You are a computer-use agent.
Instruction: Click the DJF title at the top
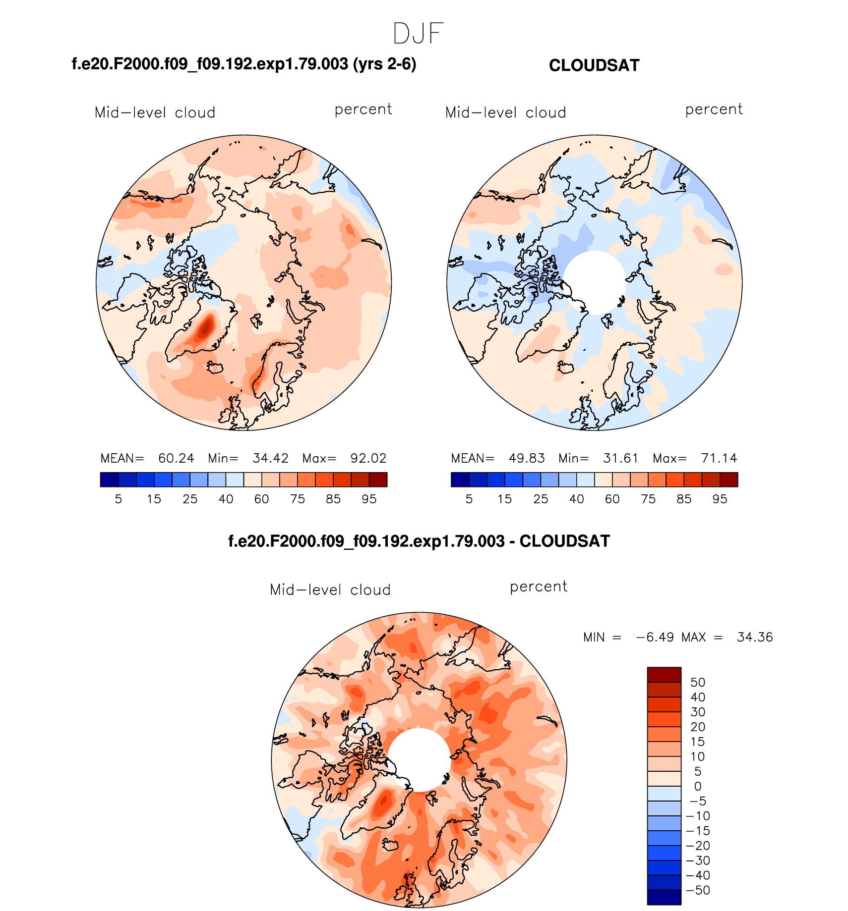click(x=418, y=34)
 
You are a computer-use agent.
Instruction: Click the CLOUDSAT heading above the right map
click(x=594, y=65)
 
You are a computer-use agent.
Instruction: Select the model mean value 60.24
click(x=176, y=458)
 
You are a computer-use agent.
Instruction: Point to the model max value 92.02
click(x=368, y=458)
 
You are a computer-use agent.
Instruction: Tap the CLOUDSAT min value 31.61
click(x=620, y=458)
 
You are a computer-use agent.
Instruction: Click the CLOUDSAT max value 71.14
click(x=719, y=458)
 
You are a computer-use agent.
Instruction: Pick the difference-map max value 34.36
click(x=754, y=637)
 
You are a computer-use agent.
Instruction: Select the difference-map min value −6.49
click(x=655, y=637)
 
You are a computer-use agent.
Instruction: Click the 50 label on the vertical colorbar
click(x=697, y=682)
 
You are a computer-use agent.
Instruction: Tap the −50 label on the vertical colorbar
click(x=697, y=890)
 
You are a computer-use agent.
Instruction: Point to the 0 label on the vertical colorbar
click(x=697, y=786)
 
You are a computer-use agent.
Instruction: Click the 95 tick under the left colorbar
click(x=369, y=499)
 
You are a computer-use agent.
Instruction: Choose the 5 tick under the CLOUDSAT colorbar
click(x=469, y=499)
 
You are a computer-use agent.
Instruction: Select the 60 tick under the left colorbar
click(x=261, y=499)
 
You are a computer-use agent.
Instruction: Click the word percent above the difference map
click(x=538, y=587)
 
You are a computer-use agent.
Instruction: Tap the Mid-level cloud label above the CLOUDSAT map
click(x=505, y=112)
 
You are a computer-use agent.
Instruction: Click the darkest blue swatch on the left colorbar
click(x=109, y=480)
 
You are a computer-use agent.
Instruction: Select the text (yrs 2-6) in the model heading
click(x=384, y=64)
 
